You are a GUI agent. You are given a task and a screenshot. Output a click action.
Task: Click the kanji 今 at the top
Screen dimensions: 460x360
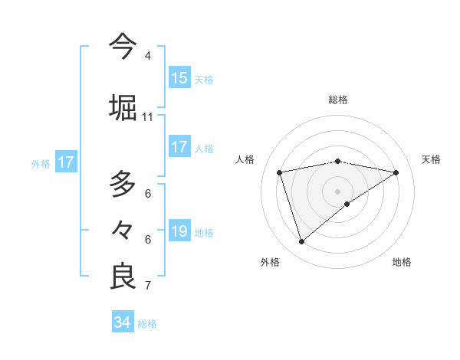click(123, 45)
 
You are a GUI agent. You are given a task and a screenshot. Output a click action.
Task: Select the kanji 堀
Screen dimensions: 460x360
click(123, 106)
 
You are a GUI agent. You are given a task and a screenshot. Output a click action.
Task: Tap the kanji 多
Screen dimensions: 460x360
click(123, 184)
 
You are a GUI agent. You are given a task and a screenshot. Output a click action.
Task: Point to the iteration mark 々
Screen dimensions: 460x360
click(123, 229)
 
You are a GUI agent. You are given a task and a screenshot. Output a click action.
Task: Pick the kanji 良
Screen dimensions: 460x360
click(123, 276)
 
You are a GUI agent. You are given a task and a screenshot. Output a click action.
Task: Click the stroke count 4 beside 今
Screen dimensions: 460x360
click(147, 56)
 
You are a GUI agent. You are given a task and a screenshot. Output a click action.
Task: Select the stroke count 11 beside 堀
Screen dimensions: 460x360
click(147, 117)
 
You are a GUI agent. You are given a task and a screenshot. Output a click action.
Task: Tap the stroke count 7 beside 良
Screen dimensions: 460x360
click(147, 286)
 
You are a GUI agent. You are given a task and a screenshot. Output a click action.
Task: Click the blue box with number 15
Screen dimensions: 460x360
click(179, 78)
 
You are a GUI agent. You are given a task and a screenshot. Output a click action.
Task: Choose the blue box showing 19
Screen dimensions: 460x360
click(179, 231)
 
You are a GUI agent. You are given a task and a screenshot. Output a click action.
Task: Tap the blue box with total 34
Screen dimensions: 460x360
click(123, 322)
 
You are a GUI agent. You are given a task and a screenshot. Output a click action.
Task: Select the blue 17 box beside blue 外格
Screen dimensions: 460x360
click(66, 162)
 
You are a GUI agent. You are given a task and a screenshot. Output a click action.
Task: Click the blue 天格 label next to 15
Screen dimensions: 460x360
click(204, 79)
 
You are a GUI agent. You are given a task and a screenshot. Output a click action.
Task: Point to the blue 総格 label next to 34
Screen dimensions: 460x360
click(147, 324)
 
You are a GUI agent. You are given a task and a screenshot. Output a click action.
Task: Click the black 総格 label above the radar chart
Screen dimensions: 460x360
click(337, 100)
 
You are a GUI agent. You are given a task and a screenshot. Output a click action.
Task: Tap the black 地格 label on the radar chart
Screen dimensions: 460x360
click(402, 262)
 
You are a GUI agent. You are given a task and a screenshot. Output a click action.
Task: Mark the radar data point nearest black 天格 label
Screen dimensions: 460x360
click(396, 172)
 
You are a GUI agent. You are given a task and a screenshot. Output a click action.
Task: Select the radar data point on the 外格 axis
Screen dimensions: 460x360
click(301, 242)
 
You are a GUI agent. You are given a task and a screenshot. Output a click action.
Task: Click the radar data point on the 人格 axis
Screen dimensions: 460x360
click(280, 172)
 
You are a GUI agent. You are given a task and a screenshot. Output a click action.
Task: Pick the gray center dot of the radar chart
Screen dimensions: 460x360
click(337, 191)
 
